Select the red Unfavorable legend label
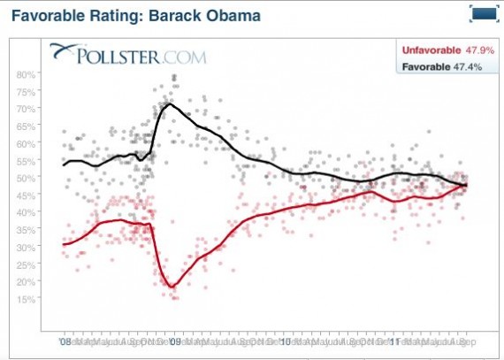434,51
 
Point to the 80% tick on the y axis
27,73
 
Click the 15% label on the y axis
27,298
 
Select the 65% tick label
27,126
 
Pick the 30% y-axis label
27,246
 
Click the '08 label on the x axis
65,340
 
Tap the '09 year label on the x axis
175,340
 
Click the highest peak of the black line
169,104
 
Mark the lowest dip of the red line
172,286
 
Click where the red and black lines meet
466,184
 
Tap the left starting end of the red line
64,243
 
